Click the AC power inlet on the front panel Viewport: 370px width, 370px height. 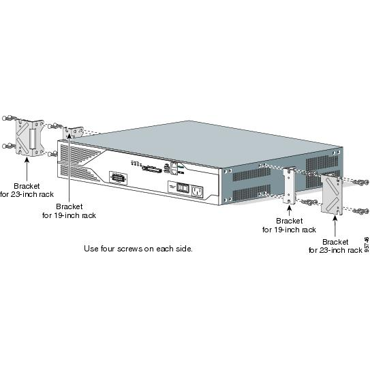click(198, 191)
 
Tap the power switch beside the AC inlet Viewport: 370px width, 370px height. click(183, 187)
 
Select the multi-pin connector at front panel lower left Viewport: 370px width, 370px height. click(118, 177)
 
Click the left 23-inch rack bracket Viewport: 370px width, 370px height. click(30, 138)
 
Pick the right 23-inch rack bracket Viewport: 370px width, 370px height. click(332, 195)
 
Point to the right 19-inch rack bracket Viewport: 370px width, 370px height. click(290, 186)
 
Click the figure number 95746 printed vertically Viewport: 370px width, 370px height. click(367, 245)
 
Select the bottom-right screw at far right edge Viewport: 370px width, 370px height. click(361, 211)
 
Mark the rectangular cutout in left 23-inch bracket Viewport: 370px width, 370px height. click(33, 139)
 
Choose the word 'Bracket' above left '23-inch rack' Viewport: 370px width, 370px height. click(27, 186)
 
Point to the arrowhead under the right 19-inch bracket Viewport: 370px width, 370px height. click(290, 208)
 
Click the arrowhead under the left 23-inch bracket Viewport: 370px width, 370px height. click(27, 160)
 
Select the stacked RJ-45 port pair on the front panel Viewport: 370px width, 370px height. click(174, 168)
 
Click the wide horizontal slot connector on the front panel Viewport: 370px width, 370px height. click(151, 169)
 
